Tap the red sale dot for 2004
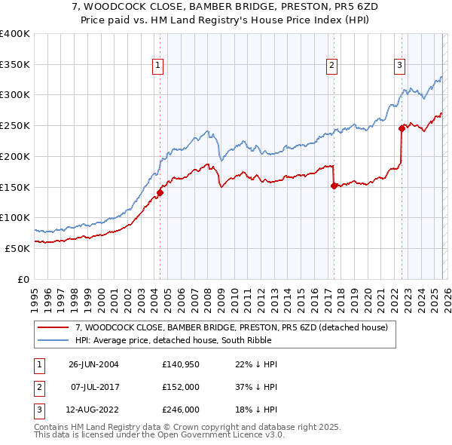[160, 192]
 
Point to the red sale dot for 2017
[334, 186]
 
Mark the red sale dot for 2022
[402, 128]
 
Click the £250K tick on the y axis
[15, 125]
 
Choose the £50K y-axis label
[17, 248]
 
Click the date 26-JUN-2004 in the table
[93, 364]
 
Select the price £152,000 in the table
[181, 387]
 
